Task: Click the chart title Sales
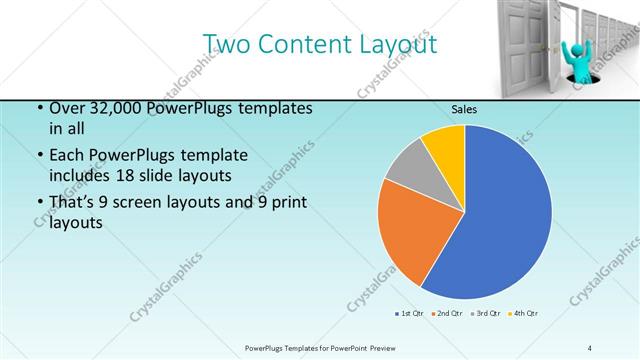coord(464,109)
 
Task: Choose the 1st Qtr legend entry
coord(410,314)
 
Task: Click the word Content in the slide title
coord(307,45)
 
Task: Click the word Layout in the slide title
coord(398,45)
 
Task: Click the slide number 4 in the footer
coord(590,347)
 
